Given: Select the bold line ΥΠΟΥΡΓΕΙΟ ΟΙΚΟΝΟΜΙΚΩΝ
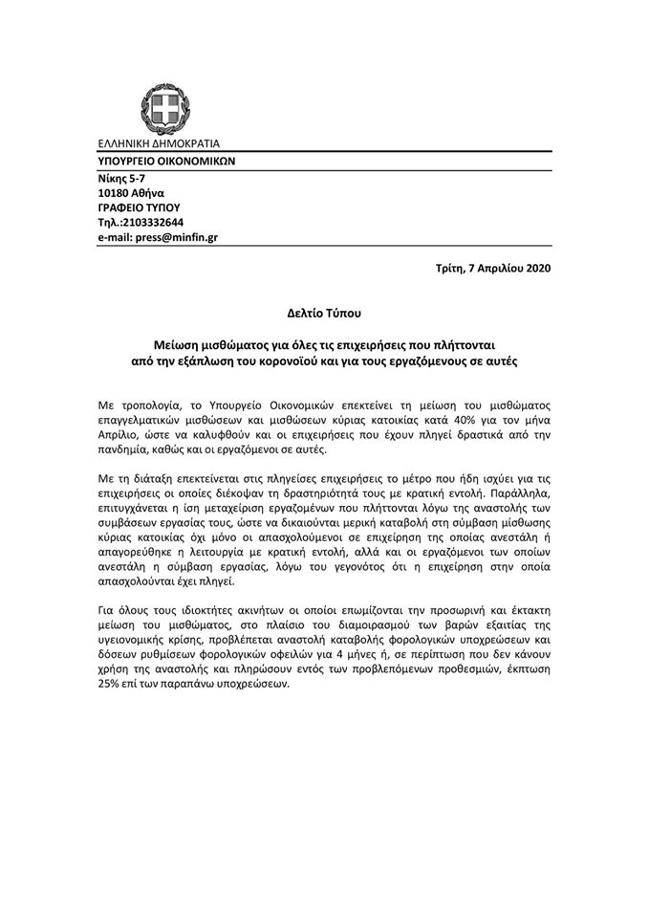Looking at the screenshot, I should (165, 162).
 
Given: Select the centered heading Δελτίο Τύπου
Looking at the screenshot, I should (324, 312).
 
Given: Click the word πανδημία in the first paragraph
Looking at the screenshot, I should (124, 449).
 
